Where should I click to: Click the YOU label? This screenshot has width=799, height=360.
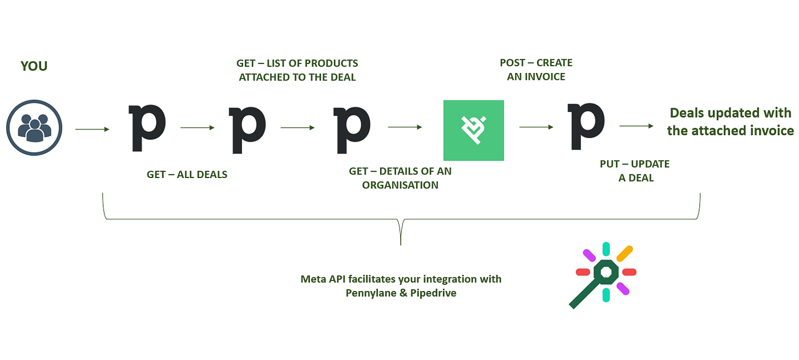34,66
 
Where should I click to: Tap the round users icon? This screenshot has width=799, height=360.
34,128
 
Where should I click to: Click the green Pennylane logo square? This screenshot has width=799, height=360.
474,130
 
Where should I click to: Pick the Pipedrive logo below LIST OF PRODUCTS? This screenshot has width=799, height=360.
247,128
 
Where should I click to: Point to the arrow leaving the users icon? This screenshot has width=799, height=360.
92,130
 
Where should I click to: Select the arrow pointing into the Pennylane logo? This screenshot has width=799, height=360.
405,128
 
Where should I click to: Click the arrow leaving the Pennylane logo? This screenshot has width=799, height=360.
536,128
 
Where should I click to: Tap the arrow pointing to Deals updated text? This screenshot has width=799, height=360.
636,127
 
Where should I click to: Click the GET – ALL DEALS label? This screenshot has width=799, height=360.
187,175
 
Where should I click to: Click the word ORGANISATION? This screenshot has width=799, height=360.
400,185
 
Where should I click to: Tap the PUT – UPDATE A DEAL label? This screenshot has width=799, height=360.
635,171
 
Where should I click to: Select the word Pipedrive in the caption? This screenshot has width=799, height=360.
433,293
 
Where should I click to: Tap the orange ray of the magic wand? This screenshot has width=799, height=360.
624,253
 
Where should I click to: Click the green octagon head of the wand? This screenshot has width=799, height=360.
606,272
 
